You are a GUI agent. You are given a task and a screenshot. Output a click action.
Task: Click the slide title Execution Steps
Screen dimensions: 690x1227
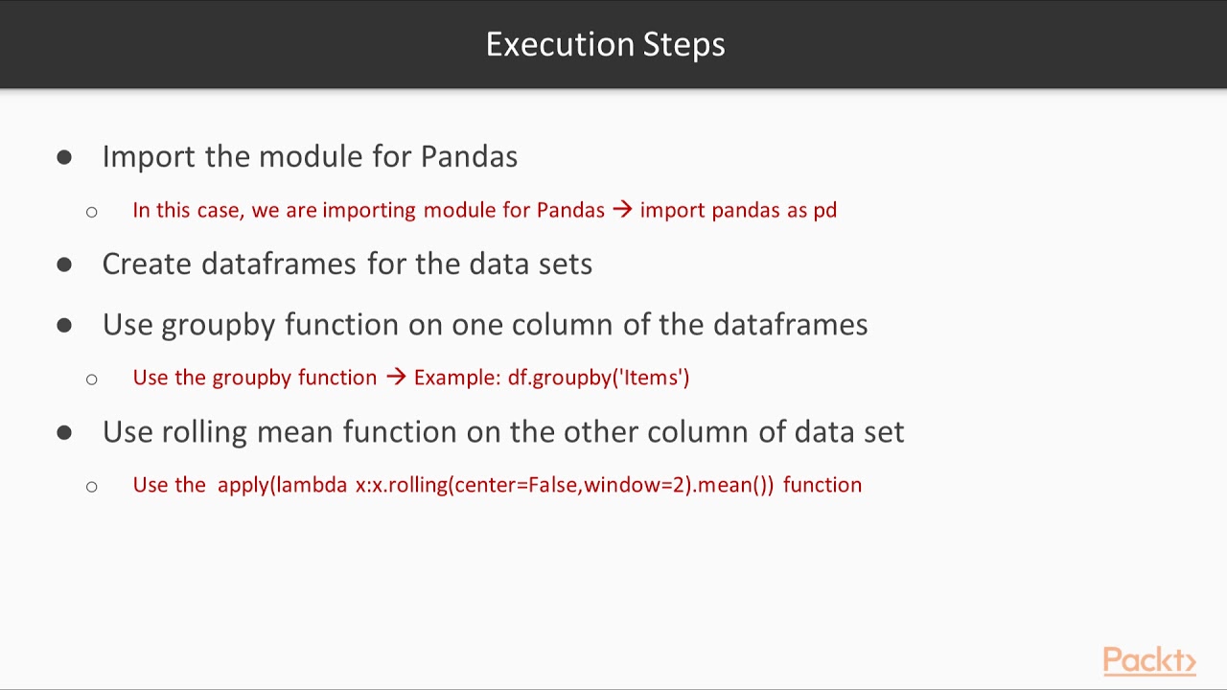tap(605, 44)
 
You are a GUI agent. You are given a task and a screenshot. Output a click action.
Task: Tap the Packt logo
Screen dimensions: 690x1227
tap(1148, 660)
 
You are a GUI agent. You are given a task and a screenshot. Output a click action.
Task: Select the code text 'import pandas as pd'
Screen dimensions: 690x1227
tap(738, 210)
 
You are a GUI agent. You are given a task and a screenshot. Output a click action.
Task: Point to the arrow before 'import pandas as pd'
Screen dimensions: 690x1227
tap(622, 210)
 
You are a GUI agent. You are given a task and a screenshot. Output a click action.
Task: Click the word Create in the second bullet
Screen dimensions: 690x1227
tap(147, 264)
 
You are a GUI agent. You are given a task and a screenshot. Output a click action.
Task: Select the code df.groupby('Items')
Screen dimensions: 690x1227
tap(598, 378)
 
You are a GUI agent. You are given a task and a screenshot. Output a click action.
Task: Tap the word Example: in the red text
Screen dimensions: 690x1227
tap(457, 378)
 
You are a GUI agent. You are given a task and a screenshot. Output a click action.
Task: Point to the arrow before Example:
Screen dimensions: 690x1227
tap(396, 378)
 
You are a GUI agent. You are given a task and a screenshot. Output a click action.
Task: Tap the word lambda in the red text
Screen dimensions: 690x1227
tap(312, 485)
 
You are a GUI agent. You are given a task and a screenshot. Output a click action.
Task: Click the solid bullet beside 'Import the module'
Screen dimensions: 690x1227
tap(64, 157)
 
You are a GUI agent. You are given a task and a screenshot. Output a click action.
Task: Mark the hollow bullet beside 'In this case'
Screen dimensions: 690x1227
tap(91, 211)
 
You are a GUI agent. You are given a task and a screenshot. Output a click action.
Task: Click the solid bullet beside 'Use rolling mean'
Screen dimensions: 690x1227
tap(64, 433)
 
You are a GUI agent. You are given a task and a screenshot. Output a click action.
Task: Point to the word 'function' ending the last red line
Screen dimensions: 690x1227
tap(822, 485)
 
